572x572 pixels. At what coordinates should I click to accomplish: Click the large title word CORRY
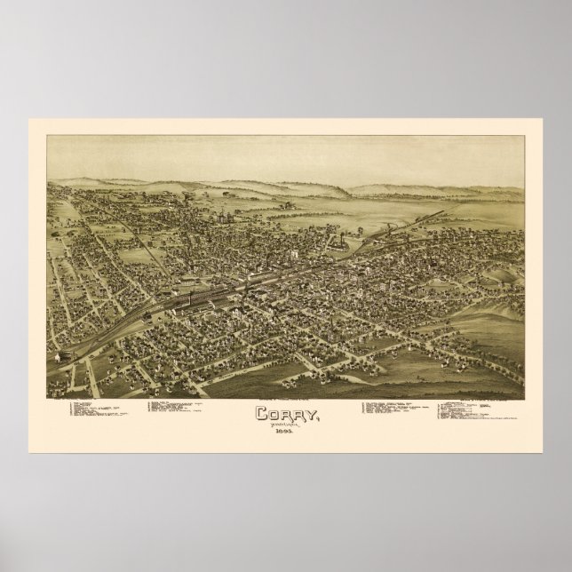(x=285, y=413)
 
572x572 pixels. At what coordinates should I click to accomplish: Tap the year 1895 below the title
(x=285, y=431)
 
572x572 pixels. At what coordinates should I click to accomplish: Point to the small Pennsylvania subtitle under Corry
(x=285, y=424)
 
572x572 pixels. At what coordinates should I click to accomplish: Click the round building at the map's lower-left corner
(x=65, y=353)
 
